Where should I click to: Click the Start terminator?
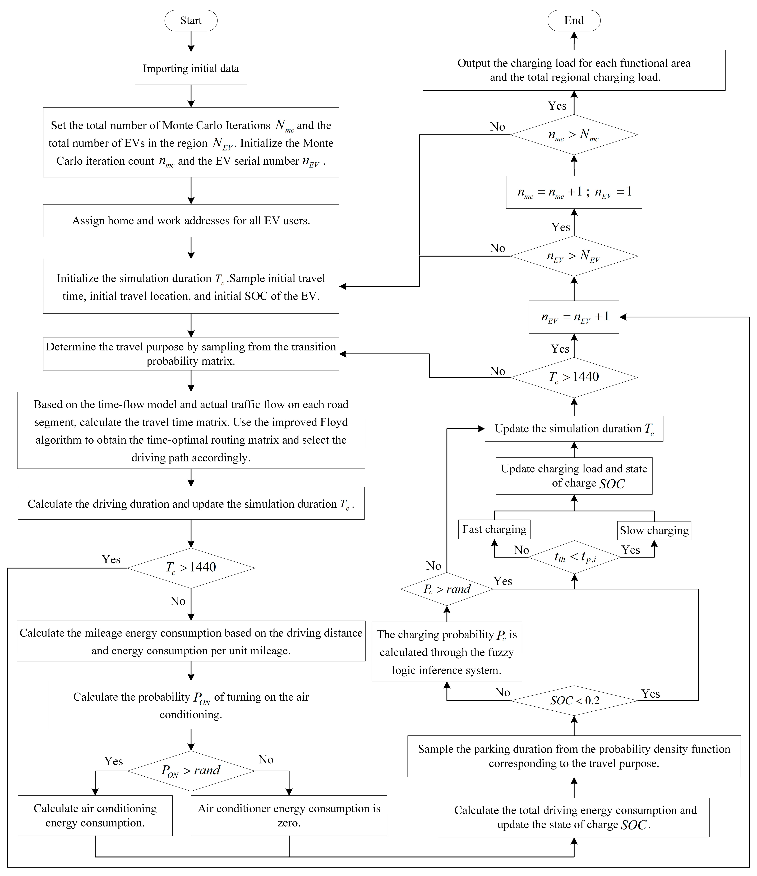191,21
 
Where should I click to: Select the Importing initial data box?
191,68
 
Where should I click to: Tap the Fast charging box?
494,529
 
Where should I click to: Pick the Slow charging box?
654,530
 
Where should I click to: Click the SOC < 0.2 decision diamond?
574,701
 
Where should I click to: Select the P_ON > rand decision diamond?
191,770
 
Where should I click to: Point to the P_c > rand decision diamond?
447,589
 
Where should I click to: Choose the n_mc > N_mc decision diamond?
574,135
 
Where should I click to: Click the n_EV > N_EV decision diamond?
574,256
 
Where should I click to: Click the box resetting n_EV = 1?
574,192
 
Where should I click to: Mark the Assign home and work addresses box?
191,221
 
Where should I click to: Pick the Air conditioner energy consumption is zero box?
289,815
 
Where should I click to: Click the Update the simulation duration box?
574,429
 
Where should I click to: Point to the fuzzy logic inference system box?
447,651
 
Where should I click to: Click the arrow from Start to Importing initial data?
191,41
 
